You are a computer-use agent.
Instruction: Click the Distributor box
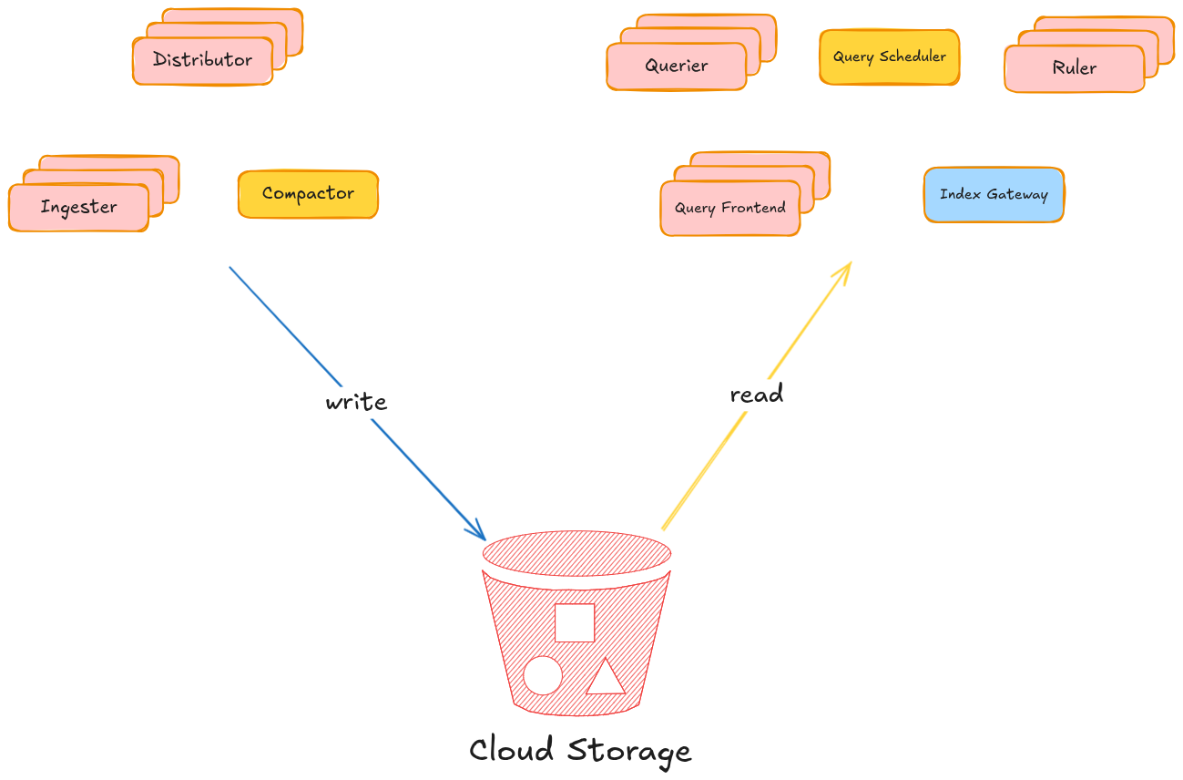tap(202, 60)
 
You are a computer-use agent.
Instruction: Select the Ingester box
tap(78, 208)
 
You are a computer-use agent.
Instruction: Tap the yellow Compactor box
tap(308, 194)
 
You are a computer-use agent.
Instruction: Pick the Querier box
tap(676, 66)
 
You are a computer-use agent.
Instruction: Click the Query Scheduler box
tap(889, 57)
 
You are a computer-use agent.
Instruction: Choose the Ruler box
tap(1074, 68)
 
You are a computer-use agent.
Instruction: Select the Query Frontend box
tap(729, 208)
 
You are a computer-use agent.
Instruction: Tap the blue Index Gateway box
tap(994, 194)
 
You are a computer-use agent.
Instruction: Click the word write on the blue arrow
tap(356, 402)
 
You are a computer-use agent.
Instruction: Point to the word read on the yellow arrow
tap(756, 394)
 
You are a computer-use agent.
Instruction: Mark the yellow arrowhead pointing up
tap(845, 269)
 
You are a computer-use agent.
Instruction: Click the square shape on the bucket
tap(575, 622)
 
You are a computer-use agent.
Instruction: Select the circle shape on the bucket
tap(543, 675)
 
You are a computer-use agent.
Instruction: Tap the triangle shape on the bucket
tap(606, 678)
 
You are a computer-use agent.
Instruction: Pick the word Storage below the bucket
tap(629, 752)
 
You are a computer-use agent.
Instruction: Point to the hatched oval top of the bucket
tap(576, 553)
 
